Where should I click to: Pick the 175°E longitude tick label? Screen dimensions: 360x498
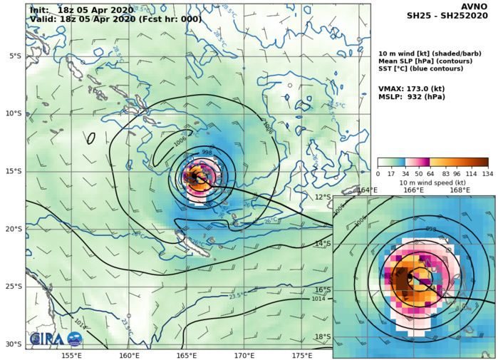click(302, 354)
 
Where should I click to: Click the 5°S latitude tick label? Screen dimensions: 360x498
click(14, 56)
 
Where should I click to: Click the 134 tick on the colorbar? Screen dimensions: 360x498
click(487, 173)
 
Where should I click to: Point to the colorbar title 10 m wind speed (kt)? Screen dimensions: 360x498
click(432, 182)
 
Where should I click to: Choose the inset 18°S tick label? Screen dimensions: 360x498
click(323, 336)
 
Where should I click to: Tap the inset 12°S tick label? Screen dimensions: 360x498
click(323, 197)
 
